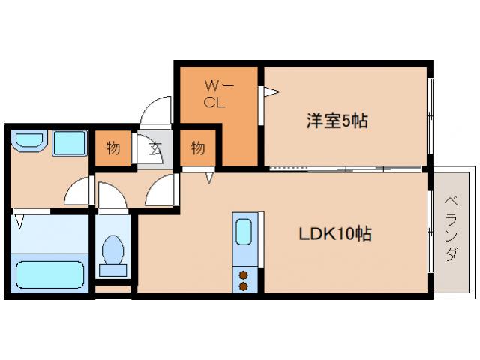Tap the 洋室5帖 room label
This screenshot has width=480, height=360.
point(337,120)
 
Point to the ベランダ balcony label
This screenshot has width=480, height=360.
point(451,228)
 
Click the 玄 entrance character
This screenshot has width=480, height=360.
point(154,148)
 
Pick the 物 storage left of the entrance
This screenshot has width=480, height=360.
point(112,148)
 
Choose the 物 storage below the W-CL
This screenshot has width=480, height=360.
point(197,148)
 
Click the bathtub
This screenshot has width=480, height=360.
point(50,274)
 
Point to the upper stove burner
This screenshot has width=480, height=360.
point(244,274)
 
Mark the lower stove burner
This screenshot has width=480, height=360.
point(244,285)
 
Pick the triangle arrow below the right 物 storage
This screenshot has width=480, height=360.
point(211,178)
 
